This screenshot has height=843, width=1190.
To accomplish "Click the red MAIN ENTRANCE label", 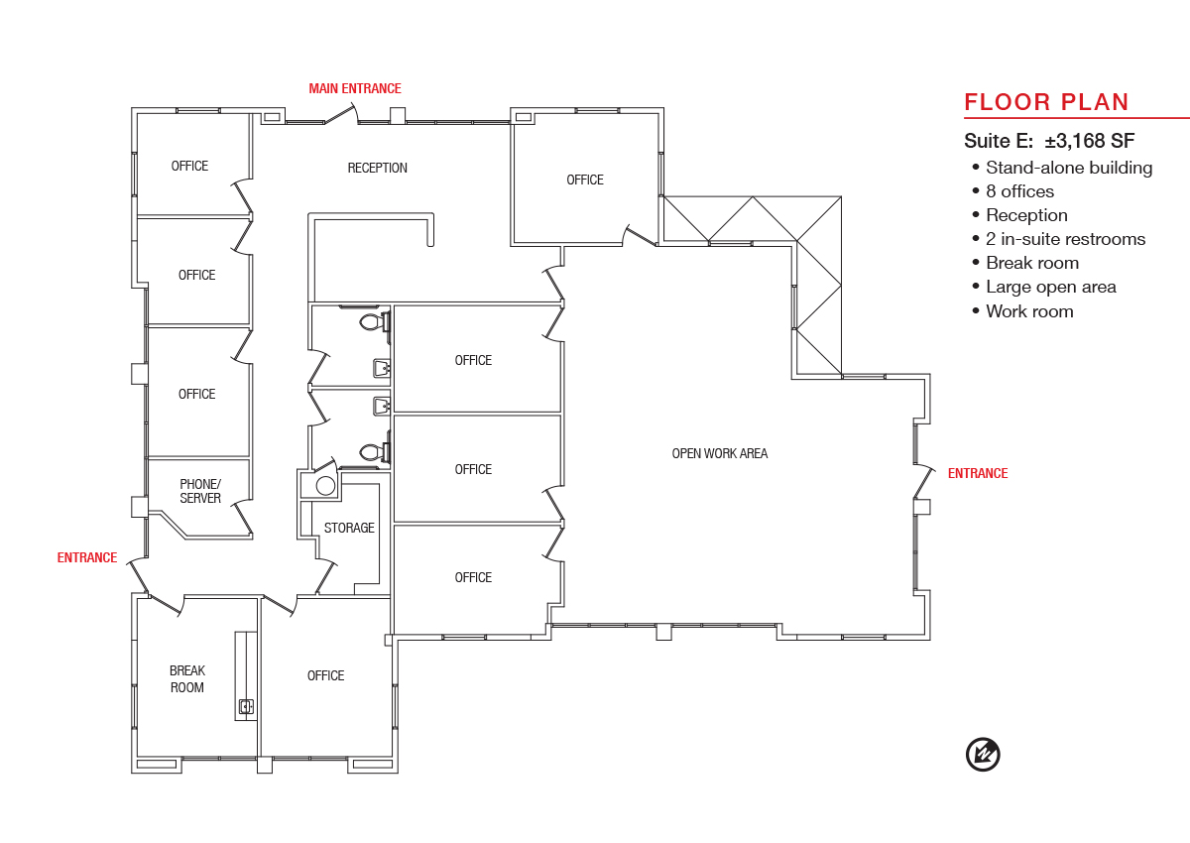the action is (x=355, y=88).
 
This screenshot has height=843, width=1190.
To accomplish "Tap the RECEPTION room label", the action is (x=377, y=168).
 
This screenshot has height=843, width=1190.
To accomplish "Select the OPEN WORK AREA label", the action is (x=719, y=453).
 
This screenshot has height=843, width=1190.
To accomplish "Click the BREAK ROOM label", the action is (x=187, y=678).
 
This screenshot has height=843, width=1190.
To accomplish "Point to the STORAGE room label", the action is (x=349, y=528).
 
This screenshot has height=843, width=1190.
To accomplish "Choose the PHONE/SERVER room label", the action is (x=199, y=491).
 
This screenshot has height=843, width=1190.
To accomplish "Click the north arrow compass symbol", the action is (x=983, y=755).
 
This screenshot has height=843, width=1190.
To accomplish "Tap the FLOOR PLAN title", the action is (x=1046, y=102).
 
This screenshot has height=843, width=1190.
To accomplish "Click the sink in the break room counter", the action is (x=246, y=706).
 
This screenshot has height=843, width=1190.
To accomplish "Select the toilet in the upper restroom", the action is (x=375, y=322).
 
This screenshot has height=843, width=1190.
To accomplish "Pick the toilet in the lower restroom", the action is (x=375, y=452).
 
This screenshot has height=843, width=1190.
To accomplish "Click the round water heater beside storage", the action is (x=325, y=485).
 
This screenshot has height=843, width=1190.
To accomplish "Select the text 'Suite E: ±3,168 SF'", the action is (x=1049, y=141).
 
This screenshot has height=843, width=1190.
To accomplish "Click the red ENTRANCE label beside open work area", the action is (x=978, y=473).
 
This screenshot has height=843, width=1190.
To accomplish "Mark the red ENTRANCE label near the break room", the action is (x=87, y=557).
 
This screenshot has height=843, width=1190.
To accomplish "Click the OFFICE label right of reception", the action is (x=585, y=181).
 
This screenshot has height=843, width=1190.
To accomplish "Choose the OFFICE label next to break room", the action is (x=325, y=675).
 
